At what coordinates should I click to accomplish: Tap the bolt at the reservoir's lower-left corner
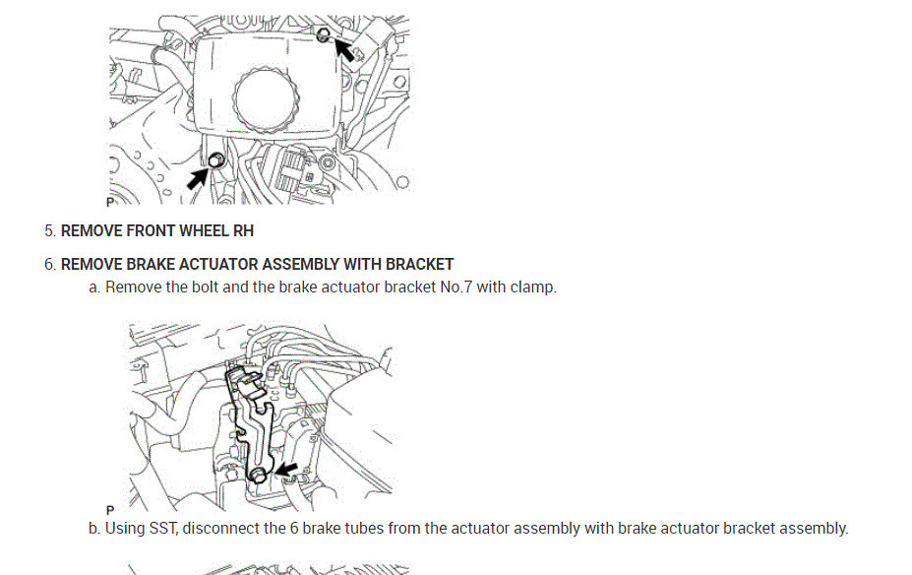tap(216, 161)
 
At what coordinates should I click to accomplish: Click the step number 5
tap(49, 231)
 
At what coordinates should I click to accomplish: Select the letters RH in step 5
tap(243, 231)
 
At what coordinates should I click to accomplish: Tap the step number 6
tap(49, 264)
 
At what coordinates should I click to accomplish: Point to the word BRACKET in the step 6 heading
tap(419, 264)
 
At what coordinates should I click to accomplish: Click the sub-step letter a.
tap(94, 288)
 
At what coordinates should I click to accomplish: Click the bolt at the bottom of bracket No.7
tap(258, 477)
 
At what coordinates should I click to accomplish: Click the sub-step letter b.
tap(94, 528)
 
